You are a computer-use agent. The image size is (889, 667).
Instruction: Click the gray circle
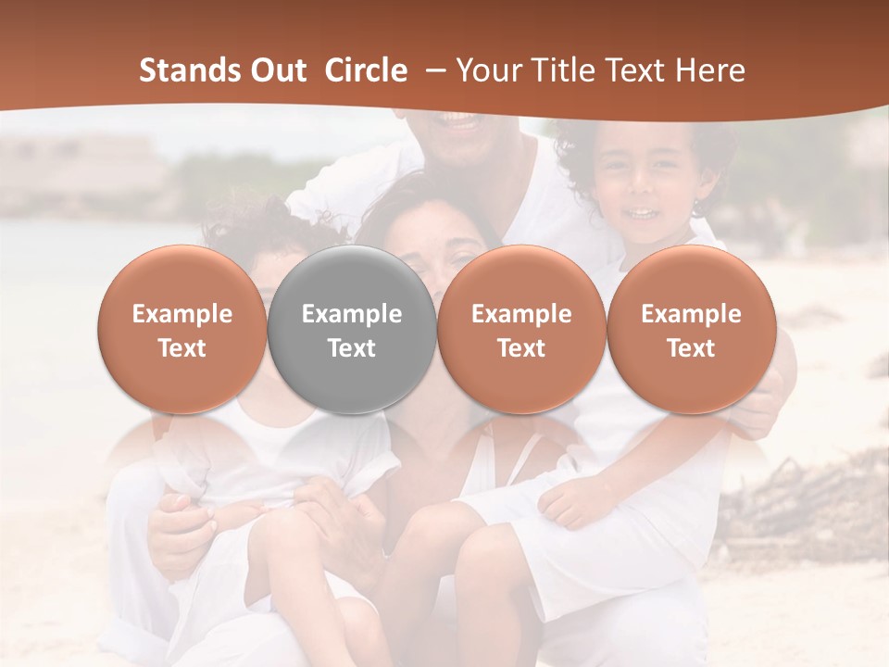click(x=352, y=329)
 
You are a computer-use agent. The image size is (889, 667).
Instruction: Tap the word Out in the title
click(x=275, y=70)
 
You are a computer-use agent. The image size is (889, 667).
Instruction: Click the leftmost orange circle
click(x=182, y=329)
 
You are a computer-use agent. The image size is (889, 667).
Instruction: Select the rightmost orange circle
click(x=692, y=329)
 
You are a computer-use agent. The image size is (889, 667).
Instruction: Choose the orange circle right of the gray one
click(x=521, y=329)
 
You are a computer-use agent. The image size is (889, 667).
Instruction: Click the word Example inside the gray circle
click(x=352, y=314)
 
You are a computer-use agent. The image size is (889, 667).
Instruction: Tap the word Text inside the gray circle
click(x=352, y=348)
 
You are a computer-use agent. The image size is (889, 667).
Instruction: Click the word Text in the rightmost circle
click(x=692, y=348)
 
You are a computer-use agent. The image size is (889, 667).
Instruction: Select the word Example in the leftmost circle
click(x=182, y=314)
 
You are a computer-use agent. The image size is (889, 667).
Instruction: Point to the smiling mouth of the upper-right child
click(x=639, y=215)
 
